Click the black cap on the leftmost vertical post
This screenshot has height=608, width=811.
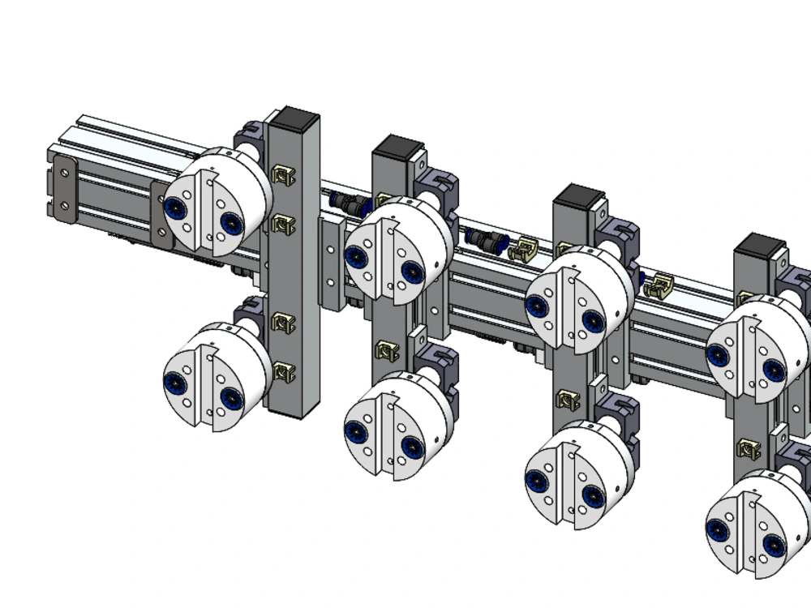293,120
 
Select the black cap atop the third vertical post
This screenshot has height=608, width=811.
579,197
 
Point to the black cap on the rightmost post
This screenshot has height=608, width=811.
759,246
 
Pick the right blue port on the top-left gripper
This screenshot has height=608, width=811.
231,222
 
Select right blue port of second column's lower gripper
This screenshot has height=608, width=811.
412,446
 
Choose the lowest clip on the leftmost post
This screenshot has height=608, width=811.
282,372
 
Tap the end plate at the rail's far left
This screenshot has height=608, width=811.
63,186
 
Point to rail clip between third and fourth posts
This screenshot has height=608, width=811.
658,285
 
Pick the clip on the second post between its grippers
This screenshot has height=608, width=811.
388,350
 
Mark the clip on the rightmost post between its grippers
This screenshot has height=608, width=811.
748,448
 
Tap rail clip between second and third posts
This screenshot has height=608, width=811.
526,248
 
